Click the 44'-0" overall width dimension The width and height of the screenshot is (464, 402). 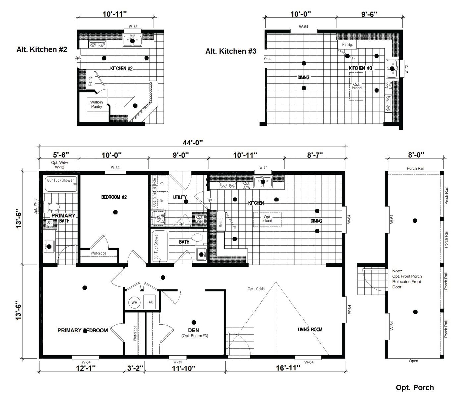[x=192, y=143]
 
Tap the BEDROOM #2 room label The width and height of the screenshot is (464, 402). [x=114, y=197]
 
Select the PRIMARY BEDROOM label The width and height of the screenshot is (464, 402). [x=83, y=330]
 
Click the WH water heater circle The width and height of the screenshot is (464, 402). [x=134, y=303]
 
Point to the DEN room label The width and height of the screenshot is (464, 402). [x=193, y=330]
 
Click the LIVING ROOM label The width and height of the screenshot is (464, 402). [x=310, y=329]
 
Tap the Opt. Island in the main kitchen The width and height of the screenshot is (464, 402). [x=267, y=219]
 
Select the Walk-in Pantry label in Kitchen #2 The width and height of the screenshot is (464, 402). [x=96, y=104]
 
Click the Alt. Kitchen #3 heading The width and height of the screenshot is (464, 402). [x=231, y=51]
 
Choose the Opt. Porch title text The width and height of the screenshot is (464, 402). [x=415, y=388]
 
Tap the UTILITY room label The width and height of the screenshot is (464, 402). [x=180, y=197]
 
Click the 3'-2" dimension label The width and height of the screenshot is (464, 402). [x=135, y=368]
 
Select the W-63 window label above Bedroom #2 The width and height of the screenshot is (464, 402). [x=115, y=168]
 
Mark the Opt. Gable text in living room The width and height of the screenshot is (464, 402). [x=256, y=289]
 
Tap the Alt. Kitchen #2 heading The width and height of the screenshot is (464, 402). [x=42, y=50]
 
